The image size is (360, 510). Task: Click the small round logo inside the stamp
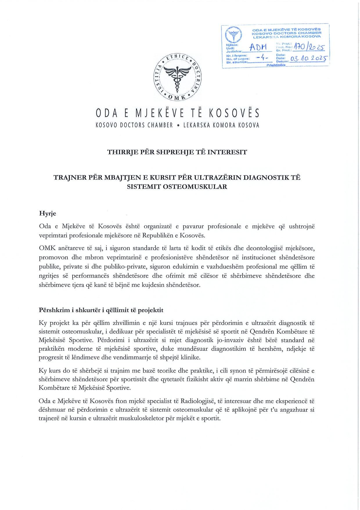(x=233, y=34)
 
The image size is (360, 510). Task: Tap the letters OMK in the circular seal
(x=177, y=98)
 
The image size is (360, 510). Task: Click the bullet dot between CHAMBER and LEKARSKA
(x=178, y=126)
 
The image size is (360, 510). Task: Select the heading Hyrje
(x=47, y=214)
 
